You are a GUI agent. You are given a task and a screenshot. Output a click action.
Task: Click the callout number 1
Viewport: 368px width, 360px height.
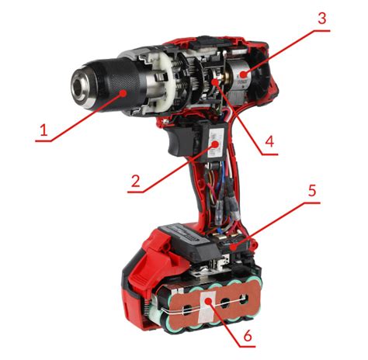pos(44,130)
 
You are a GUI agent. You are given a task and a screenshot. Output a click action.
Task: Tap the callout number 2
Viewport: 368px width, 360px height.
pos(135,181)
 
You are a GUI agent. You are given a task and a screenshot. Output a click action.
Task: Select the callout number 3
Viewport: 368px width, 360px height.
pos(321,19)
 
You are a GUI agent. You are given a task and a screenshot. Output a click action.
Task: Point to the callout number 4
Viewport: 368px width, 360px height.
pos(269,141)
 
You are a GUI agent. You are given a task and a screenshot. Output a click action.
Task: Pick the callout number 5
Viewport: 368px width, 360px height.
pos(312,190)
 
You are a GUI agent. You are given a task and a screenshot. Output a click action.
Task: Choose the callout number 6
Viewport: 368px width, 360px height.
pos(248,336)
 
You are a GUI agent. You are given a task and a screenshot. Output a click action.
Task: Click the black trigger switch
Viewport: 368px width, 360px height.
pos(180,142)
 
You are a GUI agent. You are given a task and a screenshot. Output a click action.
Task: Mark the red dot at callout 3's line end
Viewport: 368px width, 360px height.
pos(242,74)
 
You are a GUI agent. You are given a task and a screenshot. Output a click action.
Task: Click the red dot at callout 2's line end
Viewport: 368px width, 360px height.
pos(215,144)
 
